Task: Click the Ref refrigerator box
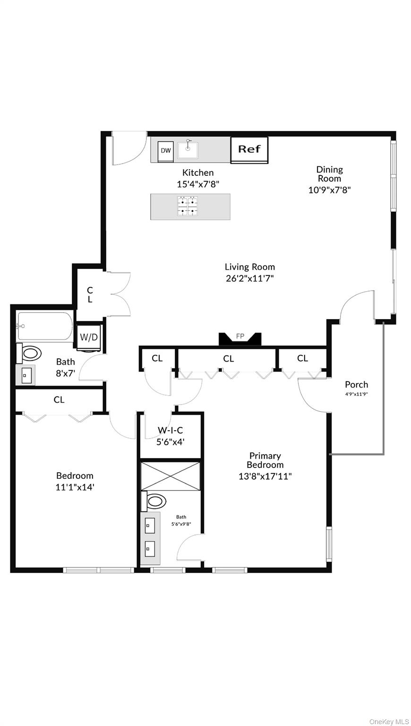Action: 249,150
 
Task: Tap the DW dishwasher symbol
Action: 165,151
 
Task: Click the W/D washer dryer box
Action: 88,337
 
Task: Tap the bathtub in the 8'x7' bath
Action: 45,326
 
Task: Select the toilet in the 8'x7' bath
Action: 31,353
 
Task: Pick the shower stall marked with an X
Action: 171,475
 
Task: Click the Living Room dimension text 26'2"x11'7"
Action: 249,278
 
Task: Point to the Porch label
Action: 356,384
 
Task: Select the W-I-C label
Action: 170,430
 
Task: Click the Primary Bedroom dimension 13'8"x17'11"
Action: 265,476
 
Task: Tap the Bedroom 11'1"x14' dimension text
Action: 75,486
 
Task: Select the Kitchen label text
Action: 198,173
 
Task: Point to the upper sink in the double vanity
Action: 150,524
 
